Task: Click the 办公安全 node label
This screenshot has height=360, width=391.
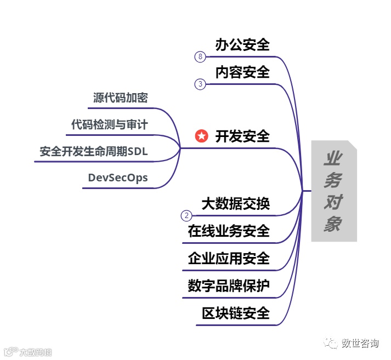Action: pos(242,44)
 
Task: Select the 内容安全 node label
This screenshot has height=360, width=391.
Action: pos(242,72)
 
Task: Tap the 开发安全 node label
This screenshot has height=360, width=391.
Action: pos(242,136)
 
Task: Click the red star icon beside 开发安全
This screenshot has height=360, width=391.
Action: pos(202,136)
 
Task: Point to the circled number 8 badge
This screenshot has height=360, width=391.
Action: pos(200,56)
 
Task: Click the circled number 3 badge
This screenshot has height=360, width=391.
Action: pos(200,84)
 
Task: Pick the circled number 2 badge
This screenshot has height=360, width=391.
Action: pos(186,216)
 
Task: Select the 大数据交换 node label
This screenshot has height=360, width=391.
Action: pos(236,204)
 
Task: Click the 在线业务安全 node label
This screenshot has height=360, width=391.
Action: pos(229,231)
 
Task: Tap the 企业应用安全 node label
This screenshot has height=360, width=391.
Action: pos(229,258)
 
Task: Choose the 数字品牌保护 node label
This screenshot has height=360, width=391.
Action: pos(229,285)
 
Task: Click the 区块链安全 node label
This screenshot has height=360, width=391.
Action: pos(236,313)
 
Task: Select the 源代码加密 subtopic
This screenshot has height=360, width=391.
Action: pos(120,98)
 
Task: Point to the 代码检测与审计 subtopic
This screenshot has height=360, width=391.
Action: pos(109,124)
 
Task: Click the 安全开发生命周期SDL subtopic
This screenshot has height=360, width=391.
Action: pos(94,151)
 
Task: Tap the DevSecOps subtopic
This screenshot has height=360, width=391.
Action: pos(117,178)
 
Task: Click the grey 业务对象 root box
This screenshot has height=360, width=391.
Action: pos(333,191)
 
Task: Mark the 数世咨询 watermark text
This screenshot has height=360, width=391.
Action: pos(360,344)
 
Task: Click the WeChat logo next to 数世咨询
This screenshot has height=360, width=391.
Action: pos(331,344)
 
